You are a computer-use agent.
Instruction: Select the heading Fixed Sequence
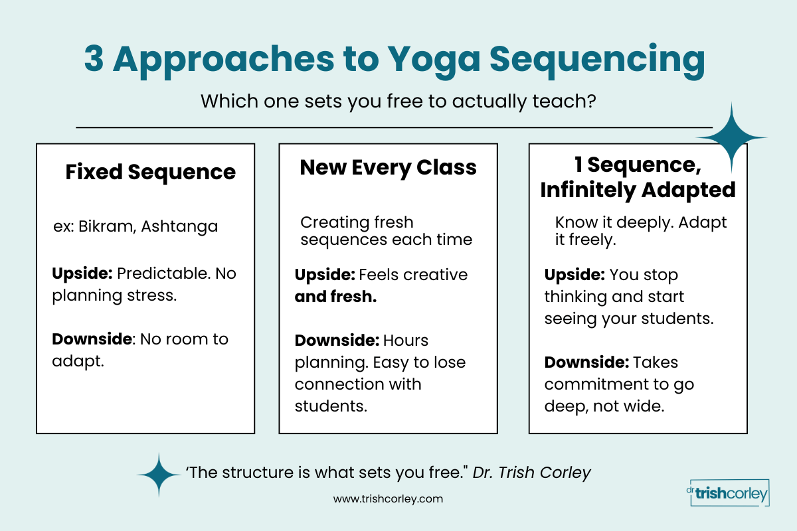pyautogui.click(x=150, y=173)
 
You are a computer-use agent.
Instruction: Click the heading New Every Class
pyautogui.click(x=388, y=167)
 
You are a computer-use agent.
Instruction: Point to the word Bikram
pyautogui.click(x=102, y=226)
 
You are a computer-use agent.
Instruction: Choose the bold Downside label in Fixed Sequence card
pyautogui.click(x=92, y=339)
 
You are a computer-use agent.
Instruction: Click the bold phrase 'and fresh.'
pyautogui.click(x=335, y=297)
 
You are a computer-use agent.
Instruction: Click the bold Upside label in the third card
pyautogui.click(x=575, y=274)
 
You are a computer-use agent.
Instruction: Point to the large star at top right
pyautogui.click(x=731, y=138)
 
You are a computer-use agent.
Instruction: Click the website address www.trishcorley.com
pyautogui.click(x=388, y=498)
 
